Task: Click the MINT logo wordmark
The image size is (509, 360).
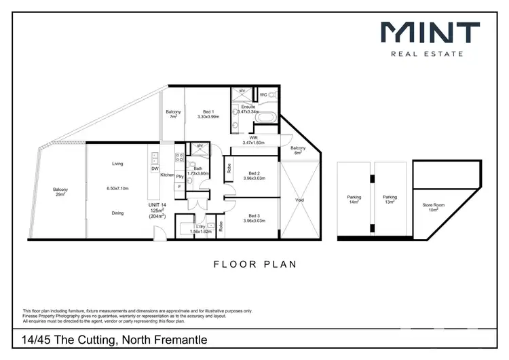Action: click(x=430, y=34)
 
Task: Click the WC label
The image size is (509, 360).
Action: click(x=263, y=94)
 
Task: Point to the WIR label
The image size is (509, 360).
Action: click(x=252, y=138)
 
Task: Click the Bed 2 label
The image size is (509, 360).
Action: click(x=255, y=173)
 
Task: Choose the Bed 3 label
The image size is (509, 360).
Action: click(x=255, y=215)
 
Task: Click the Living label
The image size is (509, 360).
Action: click(x=117, y=164)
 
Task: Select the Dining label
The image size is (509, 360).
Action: click(x=117, y=213)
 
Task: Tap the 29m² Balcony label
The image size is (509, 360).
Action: click(x=60, y=192)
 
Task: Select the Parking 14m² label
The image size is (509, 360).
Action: click(x=354, y=200)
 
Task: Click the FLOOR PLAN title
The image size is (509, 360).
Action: click(x=254, y=264)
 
